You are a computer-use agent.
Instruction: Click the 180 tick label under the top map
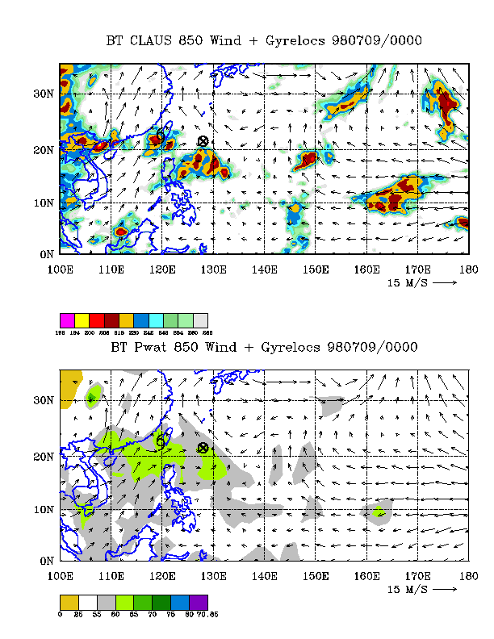pos(468,268)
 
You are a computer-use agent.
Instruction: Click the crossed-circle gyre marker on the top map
pos(203,141)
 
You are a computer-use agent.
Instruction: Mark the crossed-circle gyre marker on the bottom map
pos(203,447)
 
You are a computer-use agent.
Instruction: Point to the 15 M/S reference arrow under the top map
pos(446,283)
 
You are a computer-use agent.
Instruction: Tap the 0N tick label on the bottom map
pos(45,560)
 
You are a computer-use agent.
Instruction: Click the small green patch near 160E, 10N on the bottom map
pos(379,511)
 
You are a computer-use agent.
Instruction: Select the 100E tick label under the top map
pos(61,268)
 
